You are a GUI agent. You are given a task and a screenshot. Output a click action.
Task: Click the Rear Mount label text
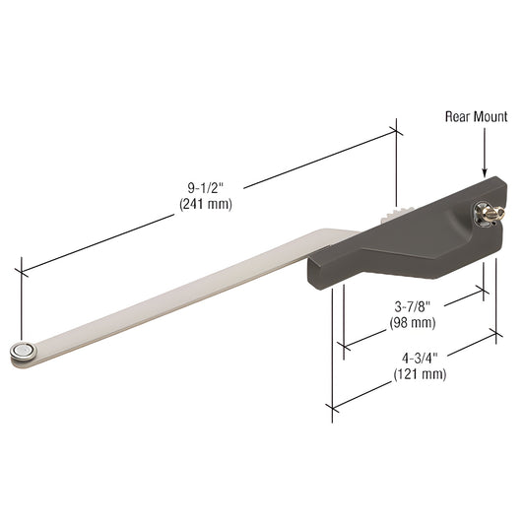tap(476, 117)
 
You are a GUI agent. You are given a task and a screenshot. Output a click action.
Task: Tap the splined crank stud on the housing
tap(486, 211)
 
